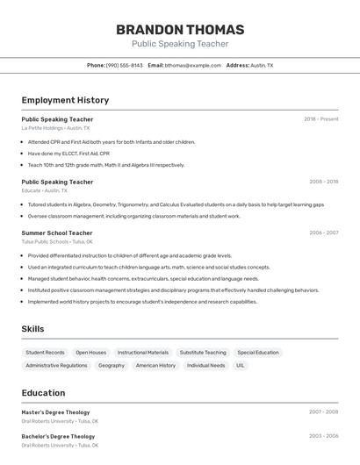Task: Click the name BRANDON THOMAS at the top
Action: pos(180,29)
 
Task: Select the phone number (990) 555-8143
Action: pos(124,65)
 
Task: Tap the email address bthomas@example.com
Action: pos(193,65)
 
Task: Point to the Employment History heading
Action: pos(65,100)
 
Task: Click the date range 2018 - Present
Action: pos(320,119)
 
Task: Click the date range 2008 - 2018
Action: pos(323,182)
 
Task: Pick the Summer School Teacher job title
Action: pos(57,233)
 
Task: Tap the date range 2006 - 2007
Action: pos(323,233)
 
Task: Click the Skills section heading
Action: pos(33,329)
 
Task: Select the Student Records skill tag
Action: pos(45,353)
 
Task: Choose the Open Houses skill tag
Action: pos(90,353)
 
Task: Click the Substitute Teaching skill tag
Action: pos(203,353)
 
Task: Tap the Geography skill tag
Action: pos(112,365)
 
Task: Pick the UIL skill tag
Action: pos(240,365)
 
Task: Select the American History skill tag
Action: pos(155,365)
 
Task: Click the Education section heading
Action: pos(43,393)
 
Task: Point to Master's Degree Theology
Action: pos(55,411)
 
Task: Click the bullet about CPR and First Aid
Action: pos(112,141)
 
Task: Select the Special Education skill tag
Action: pos(258,353)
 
